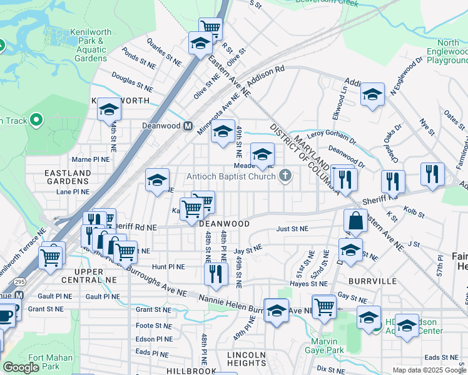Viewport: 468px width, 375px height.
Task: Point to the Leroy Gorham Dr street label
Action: coord(332,133)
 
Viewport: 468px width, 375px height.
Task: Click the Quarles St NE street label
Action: coord(163,50)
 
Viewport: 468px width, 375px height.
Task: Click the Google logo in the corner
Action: coord(21,367)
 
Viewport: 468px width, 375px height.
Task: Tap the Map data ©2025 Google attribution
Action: coord(429,370)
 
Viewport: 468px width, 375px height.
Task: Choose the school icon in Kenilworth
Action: coord(109,110)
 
